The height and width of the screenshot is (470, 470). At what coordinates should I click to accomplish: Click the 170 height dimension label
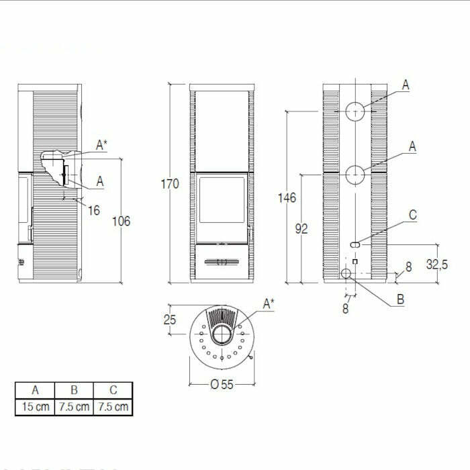[170, 183]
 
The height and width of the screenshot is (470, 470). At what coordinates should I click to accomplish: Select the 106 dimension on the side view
[121, 221]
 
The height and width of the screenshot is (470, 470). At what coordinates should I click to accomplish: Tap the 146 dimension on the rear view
[287, 197]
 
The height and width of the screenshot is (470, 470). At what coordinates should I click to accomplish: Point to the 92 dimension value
[301, 229]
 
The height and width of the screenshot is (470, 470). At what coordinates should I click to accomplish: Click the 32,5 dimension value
[436, 265]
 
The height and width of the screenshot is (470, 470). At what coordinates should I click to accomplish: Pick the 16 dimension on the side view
[93, 210]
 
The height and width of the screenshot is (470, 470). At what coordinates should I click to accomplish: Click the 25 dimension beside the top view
[170, 320]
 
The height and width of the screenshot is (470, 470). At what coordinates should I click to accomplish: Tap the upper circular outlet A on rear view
[355, 111]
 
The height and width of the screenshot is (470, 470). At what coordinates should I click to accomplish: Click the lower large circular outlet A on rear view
[355, 175]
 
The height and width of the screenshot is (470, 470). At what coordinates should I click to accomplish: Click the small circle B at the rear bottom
[346, 273]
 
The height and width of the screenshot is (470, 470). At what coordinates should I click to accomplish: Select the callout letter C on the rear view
[413, 216]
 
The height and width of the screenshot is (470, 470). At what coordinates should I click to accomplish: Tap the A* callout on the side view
[101, 144]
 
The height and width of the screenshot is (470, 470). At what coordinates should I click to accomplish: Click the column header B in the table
[74, 390]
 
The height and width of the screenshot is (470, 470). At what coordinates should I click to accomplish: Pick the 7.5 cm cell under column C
[113, 406]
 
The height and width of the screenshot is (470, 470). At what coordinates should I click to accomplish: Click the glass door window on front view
[222, 199]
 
